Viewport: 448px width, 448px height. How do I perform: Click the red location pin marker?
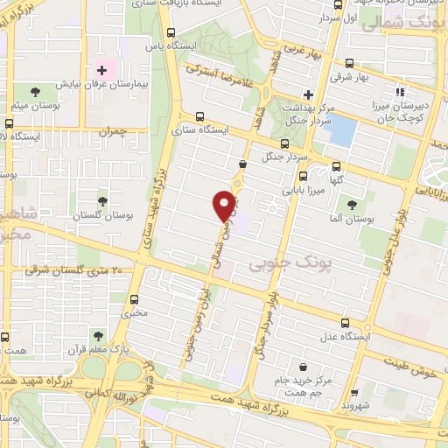(225, 206)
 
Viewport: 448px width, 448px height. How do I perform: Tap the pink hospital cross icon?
(102, 69)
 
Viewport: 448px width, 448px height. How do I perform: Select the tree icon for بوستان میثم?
(35, 92)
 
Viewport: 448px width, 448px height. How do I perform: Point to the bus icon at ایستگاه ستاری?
(200, 116)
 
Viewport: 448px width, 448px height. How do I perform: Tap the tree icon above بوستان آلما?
(352, 205)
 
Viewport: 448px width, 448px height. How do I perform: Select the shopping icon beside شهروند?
(353, 393)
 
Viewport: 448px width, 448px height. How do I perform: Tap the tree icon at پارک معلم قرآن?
(97, 335)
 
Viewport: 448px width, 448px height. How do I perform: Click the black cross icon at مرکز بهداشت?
(307, 94)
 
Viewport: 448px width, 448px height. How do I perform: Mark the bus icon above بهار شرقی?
(350, 63)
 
